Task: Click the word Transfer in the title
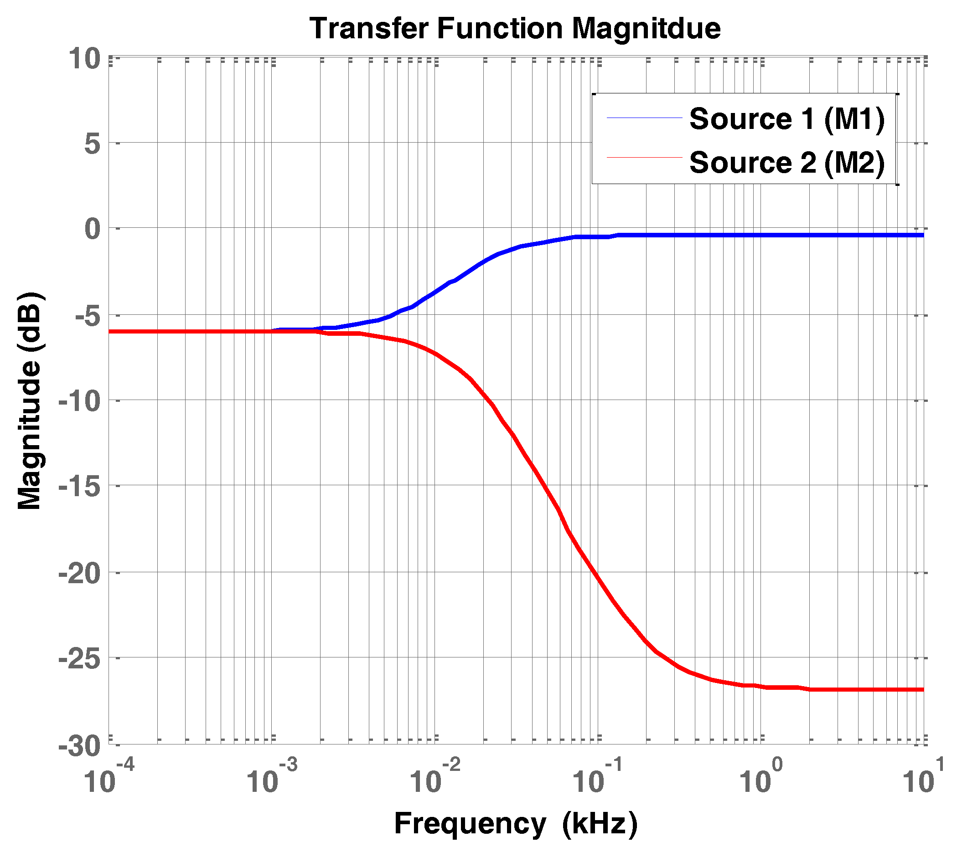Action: [369, 28]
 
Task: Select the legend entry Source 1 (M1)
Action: [786, 119]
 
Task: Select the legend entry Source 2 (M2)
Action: [786, 163]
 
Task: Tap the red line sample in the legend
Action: [644, 158]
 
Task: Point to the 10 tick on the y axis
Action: [85, 59]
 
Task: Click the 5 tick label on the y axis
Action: [92, 144]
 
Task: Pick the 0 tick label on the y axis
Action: [92, 229]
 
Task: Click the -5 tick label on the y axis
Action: [88, 317]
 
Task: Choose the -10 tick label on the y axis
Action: [80, 402]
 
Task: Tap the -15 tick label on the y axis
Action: [80, 488]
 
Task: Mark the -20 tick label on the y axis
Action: [80, 574]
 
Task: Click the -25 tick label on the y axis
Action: [80, 659]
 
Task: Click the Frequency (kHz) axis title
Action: [516, 824]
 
